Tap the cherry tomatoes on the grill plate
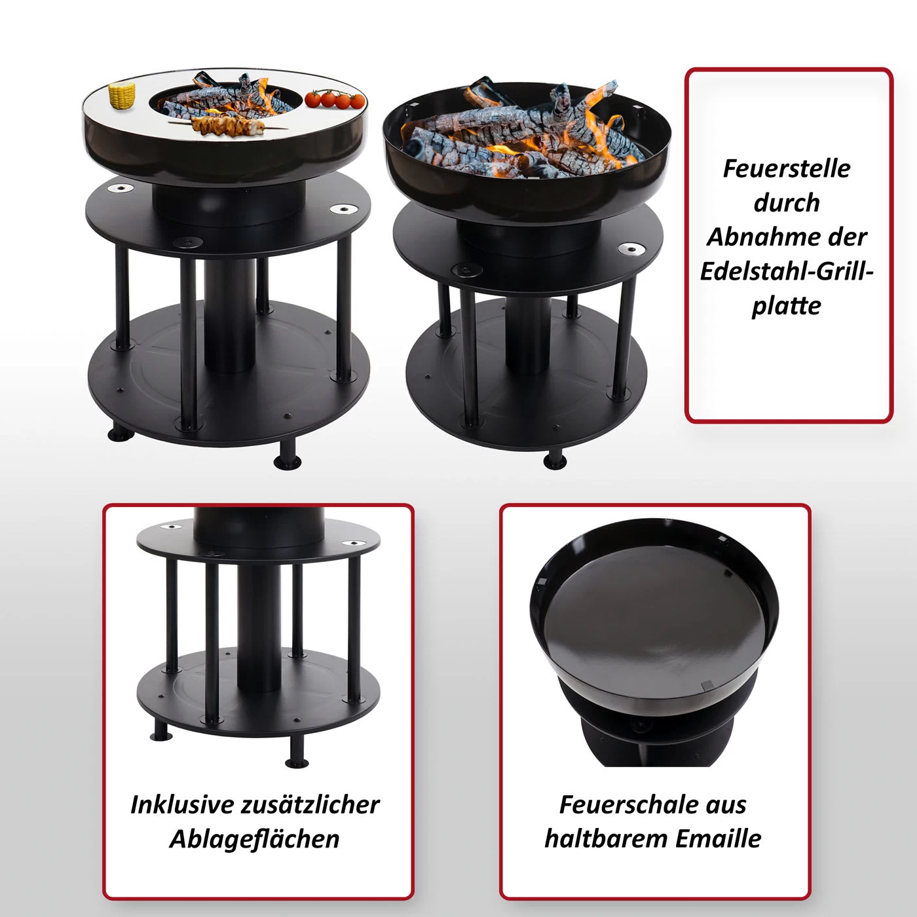tap(335, 98)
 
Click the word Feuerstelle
tap(786, 168)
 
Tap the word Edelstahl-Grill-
tap(787, 271)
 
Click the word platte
tap(786, 306)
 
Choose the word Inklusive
tap(182, 804)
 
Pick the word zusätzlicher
tap(310, 804)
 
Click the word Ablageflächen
tap(254, 839)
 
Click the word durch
tap(787, 202)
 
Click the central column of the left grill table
tap(230, 315)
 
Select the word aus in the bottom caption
tap(724, 804)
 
